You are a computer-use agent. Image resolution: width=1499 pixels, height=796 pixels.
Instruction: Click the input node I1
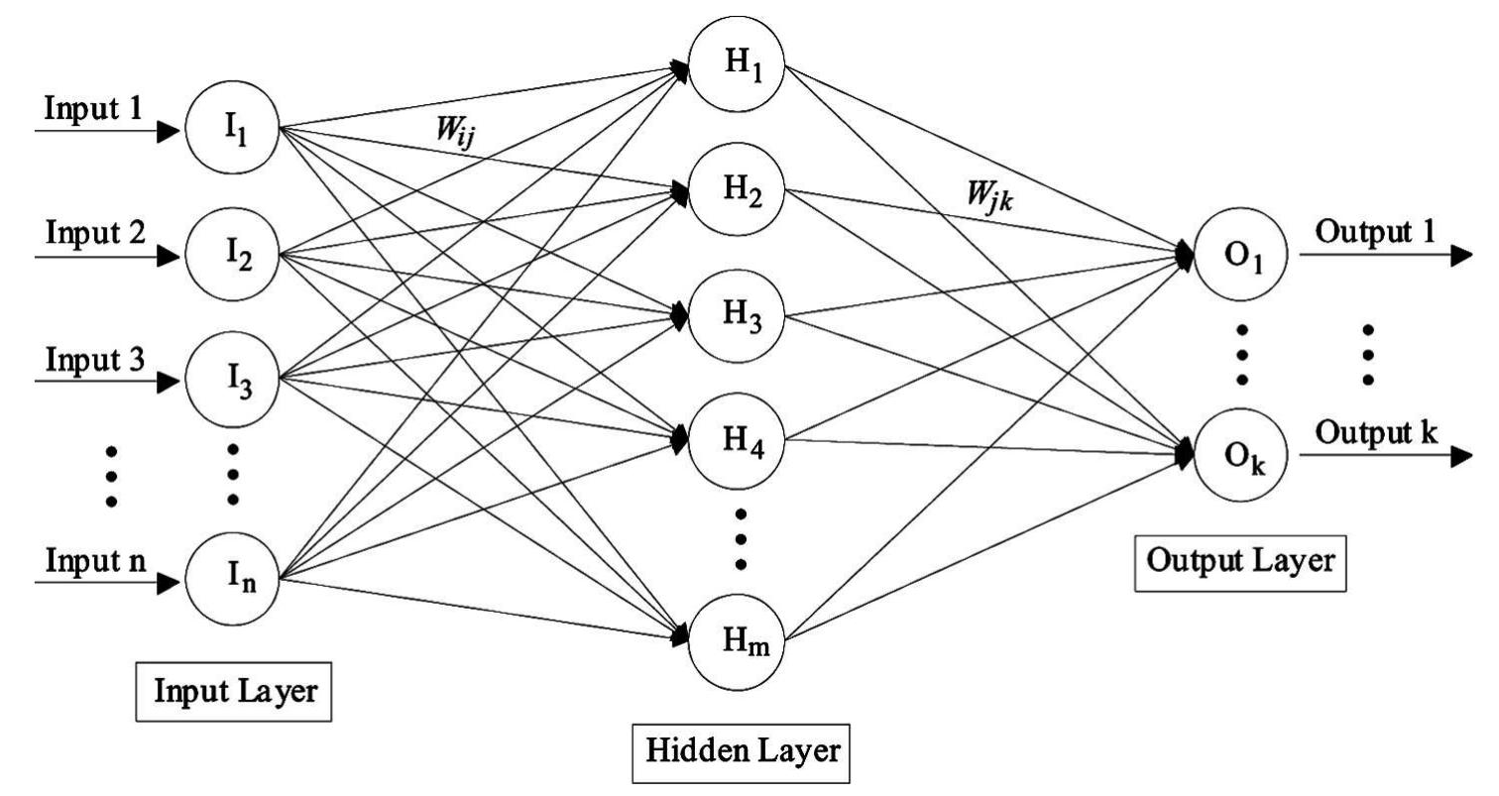pyautogui.click(x=233, y=130)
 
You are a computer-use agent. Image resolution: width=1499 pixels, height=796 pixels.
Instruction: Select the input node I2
pyautogui.click(x=233, y=257)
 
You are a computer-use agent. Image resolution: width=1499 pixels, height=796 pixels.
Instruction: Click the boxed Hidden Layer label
pyautogui.click(x=742, y=750)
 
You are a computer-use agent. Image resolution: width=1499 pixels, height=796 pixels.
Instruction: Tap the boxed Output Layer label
pyautogui.click(x=1240, y=561)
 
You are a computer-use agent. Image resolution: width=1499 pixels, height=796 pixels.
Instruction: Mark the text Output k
pyautogui.click(x=1377, y=432)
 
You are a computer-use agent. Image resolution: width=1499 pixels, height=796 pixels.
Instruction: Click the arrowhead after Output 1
pyautogui.click(x=1459, y=256)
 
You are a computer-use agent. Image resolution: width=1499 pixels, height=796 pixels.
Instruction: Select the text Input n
pyautogui.click(x=94, y=559)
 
